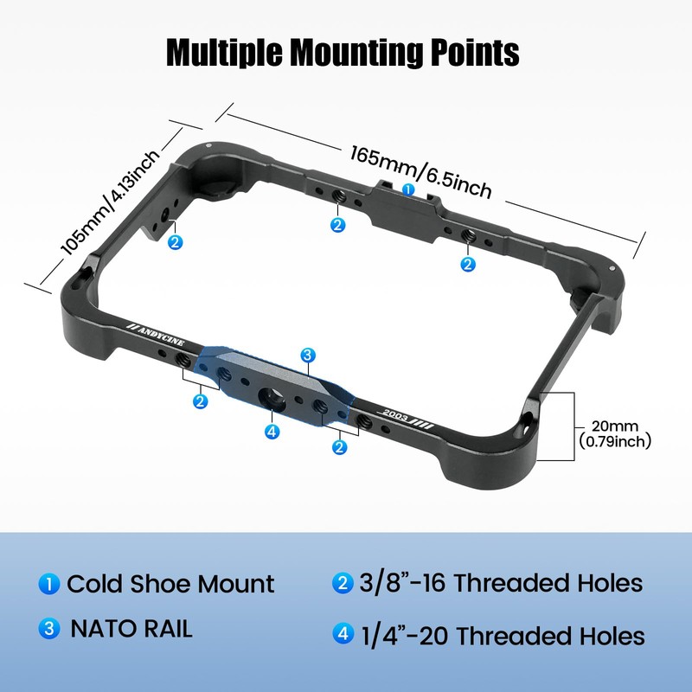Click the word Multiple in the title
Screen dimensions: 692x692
click(x=224, y=53)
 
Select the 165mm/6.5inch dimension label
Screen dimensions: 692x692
click(x=420, y=172)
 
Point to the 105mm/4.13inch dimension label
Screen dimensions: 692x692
click(x=110, y=203)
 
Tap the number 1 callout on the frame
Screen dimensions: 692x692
click(x=408, y=189)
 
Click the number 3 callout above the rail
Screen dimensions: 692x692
click(x=308, y=356)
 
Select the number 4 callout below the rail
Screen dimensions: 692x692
click(x=272, y=431)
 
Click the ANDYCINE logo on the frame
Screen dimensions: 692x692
click(x=156, y=336)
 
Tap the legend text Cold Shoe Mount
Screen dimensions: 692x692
click(x=170, y=584)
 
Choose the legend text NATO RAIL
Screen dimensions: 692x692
click(x=131, y=629)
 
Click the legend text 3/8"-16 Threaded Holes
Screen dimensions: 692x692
click(x=501, y=583)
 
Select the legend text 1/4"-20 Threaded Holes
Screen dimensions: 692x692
click(x=503, y=636)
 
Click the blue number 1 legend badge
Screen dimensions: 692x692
click(x=49, y=583)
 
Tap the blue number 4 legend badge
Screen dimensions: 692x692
click(x=343, y=633)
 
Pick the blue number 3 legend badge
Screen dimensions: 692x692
click(x=49, y=629)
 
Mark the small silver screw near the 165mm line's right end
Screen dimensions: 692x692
click(x=612, y=267)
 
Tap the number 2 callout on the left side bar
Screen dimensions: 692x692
click(x=176, y=242)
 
